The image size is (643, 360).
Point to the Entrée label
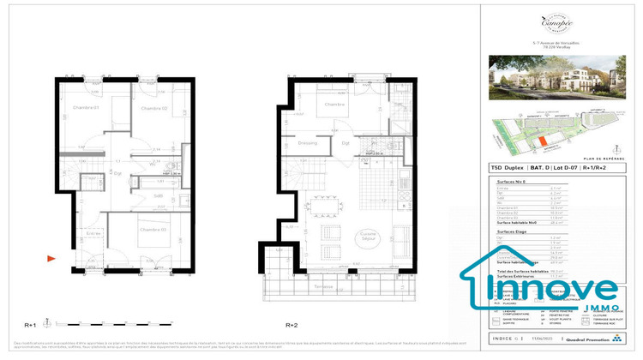pyautogui.click(x=94, y=232)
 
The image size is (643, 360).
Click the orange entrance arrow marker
pyautogui.click(x=51, y=256)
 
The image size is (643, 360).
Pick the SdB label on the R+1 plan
pyautogui.click(x=158, y=196)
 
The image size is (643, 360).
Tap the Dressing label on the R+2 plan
pyautogui.click(x=308, y=144)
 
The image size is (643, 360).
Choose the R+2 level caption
pyautogui.click(x=291, y=325)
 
